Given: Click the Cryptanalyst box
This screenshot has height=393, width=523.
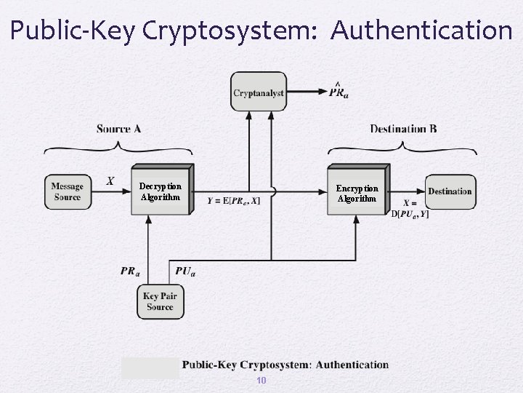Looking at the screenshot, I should (x=259, y=92).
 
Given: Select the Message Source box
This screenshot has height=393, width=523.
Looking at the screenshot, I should (x=67, y=191).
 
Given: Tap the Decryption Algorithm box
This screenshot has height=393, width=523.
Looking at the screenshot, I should (x=161, y=191).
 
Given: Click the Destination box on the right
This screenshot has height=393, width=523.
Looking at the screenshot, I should (x=450, y=191).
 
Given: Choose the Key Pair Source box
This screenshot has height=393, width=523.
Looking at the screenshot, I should (x=160, y=301).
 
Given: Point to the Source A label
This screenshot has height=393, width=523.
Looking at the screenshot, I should (x=118, y=129).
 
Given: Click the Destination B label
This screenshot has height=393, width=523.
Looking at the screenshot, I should (x=403, y=129).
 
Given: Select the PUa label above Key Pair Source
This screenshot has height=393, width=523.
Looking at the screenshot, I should (x=185, y=271).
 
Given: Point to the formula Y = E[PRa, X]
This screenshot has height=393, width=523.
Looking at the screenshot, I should (x=233, y=201).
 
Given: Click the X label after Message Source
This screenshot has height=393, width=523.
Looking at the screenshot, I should (x=110, y=180).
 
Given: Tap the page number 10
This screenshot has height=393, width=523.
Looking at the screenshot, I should (x=261, y=381).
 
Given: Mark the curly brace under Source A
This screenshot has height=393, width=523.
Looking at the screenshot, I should (x=118, y=148).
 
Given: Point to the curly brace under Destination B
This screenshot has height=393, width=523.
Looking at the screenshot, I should (x=403, y=148).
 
